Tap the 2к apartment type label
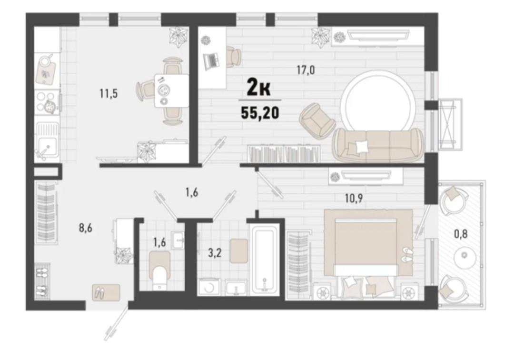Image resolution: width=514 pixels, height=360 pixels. tap(258, 88)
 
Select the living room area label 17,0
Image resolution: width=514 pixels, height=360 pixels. tap(306, 70)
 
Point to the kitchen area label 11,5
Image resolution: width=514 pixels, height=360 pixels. tap(109, 94)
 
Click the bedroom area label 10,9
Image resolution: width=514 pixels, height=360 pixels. tap(353, 198)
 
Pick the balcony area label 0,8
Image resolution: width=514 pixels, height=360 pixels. tap(461, 234)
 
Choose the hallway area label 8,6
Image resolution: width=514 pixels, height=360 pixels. tap(85, 228)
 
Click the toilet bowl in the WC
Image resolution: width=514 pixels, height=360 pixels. tap(160, 270)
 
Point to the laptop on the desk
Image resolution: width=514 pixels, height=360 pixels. tap(211, 60)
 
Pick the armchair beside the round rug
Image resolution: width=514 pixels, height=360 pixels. tap(317, 120)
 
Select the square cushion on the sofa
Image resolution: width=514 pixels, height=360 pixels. tap(361, 146)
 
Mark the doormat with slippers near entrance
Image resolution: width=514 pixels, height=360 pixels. tap(106, 292)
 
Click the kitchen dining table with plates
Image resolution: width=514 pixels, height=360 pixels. tap(171, 90)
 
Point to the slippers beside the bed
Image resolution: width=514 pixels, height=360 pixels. tap(407, 255)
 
